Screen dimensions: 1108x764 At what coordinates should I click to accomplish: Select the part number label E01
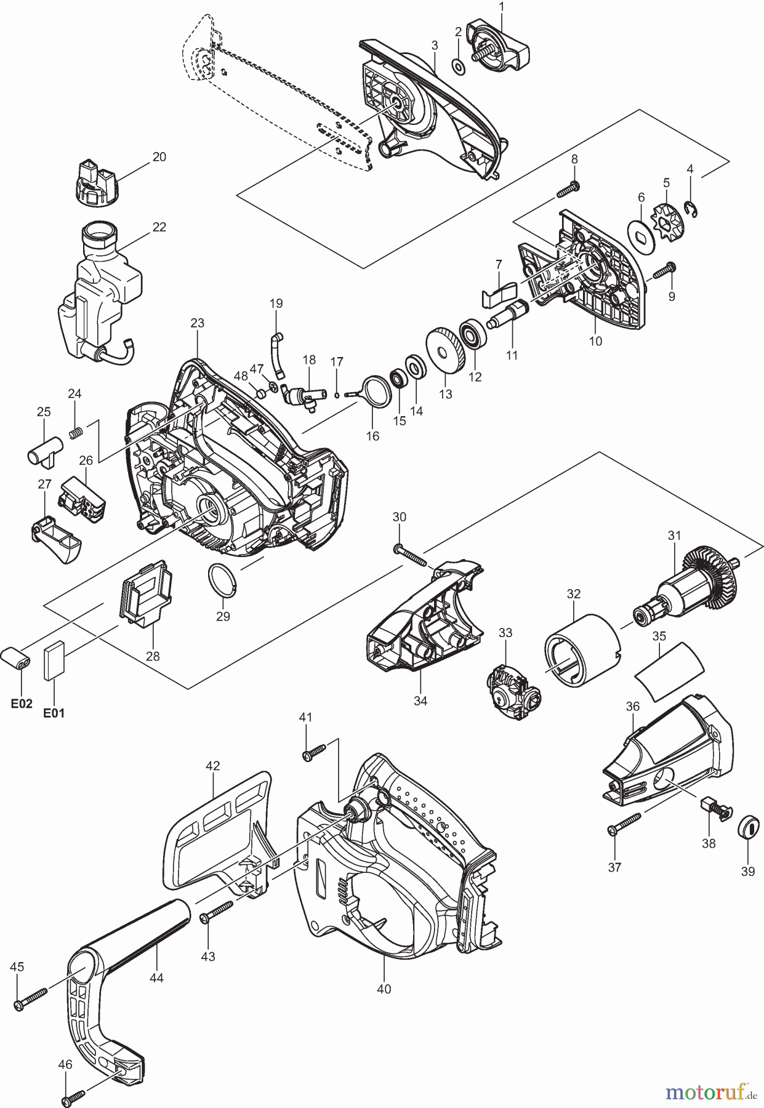click(54, 713)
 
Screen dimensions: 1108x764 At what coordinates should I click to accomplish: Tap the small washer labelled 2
click(458, 65)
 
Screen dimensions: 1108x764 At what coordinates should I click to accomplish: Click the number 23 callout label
click(197, 323)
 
